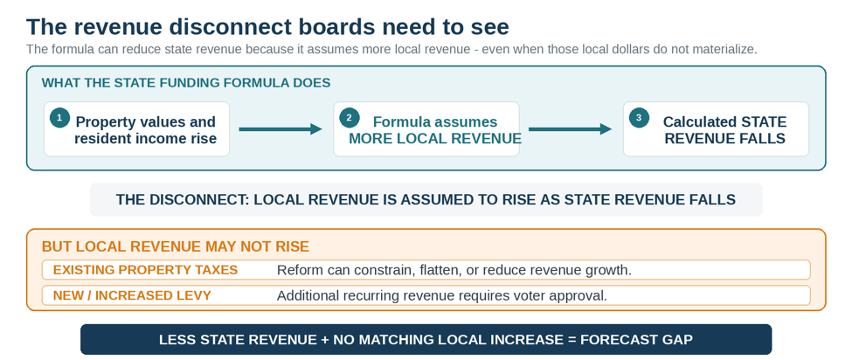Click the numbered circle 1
point(59,118)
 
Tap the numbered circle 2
point(350,118)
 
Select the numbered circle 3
point(639,118)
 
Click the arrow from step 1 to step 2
point(281,129)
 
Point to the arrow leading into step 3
point(570,129)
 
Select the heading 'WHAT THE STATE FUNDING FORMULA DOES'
point(186,83)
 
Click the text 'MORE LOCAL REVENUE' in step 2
point(434,138)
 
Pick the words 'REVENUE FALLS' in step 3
point(724,138)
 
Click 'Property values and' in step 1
point(146,121)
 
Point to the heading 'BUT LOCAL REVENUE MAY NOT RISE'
point(176,247)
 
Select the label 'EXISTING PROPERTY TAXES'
point(146,270)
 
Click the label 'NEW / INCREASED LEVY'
point(132,295)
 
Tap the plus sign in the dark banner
point(324,340)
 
